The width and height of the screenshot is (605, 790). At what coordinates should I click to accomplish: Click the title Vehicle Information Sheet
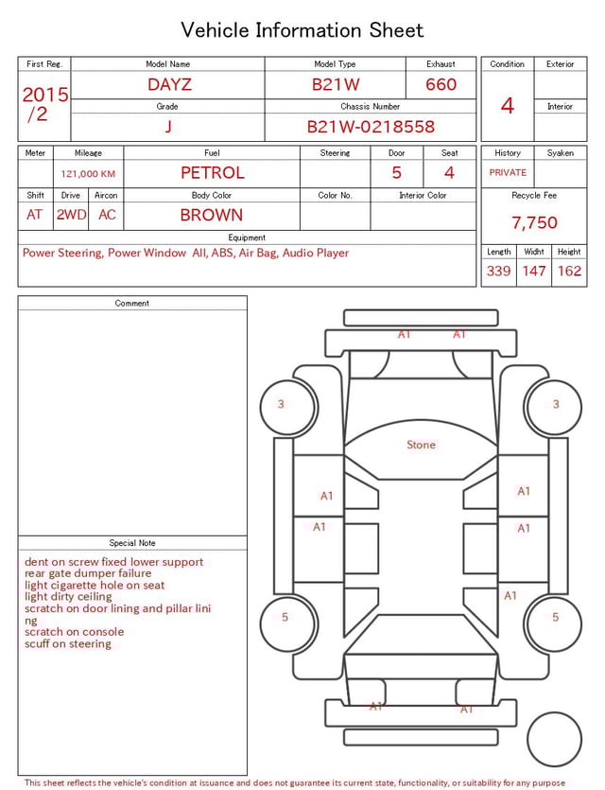tap(302, 30)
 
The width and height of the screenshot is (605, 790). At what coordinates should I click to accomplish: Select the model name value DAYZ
tap(169, 84)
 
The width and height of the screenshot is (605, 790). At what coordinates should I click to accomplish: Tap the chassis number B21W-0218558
tap(371, 126)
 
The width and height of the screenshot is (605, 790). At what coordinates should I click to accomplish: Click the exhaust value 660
tap(441, 84)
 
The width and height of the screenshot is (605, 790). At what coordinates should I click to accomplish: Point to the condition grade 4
tap(508, 105)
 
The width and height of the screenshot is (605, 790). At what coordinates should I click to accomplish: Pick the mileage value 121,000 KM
tap(88, 174)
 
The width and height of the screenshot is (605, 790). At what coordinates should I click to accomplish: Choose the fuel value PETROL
tap(212, 173)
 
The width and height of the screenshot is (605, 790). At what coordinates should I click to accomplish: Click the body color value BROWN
tap(211, 215)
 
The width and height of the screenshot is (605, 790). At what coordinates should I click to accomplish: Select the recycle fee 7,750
tap(534, 222)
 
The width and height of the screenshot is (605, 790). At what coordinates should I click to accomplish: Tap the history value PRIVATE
tap(508, 172)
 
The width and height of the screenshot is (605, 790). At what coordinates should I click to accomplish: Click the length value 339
tap(498, 271)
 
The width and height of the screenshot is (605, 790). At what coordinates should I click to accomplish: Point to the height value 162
tap(569, 271)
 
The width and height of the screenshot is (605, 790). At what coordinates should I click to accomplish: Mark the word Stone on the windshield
tap(421, 445)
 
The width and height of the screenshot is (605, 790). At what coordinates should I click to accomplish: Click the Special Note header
tap(132, 543)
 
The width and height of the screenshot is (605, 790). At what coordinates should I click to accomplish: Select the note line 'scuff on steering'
tap(68, 644)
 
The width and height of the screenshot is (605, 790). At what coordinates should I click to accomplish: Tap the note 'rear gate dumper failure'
tap(88, 573)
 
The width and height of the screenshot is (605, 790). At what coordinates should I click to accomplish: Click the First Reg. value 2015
tap(44, 95)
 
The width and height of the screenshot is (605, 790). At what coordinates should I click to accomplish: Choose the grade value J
tap(168, 126)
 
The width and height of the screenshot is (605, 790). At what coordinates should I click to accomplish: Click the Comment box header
tap(132, 304)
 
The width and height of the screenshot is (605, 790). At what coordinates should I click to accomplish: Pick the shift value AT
tap(35, 215)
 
